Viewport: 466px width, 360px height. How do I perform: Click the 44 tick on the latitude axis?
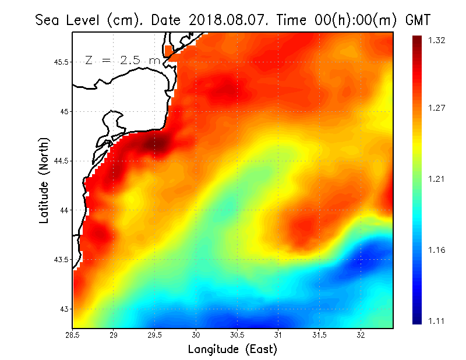63,210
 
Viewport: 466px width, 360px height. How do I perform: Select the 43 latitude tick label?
63,309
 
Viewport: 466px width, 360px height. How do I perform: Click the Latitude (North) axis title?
44,180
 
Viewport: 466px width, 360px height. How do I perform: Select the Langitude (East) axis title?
232,350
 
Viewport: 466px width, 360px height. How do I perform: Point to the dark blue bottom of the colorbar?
418,318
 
